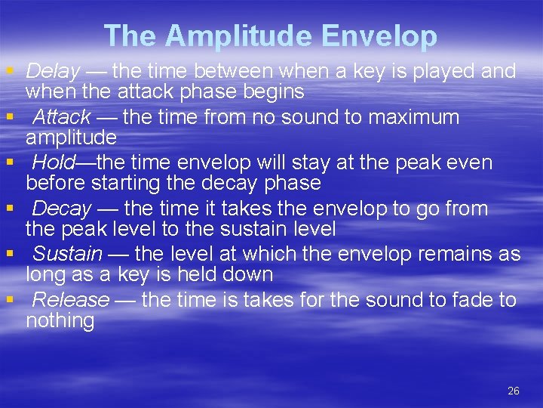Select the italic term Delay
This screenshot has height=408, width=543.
[x=53, y=72]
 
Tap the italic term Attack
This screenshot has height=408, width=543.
[x=62, y=117]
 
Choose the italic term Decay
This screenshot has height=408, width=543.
[x=62, y=209]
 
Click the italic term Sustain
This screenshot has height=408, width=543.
[x=68, y=254]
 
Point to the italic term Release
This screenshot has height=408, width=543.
[x=71, y=300]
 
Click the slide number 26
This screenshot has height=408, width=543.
[x=514, y=391]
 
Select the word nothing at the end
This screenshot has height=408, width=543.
[x=60, y=321]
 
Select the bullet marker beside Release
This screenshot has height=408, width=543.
[x=9, y=300]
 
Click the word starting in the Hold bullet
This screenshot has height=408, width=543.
[x=129, y=184]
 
